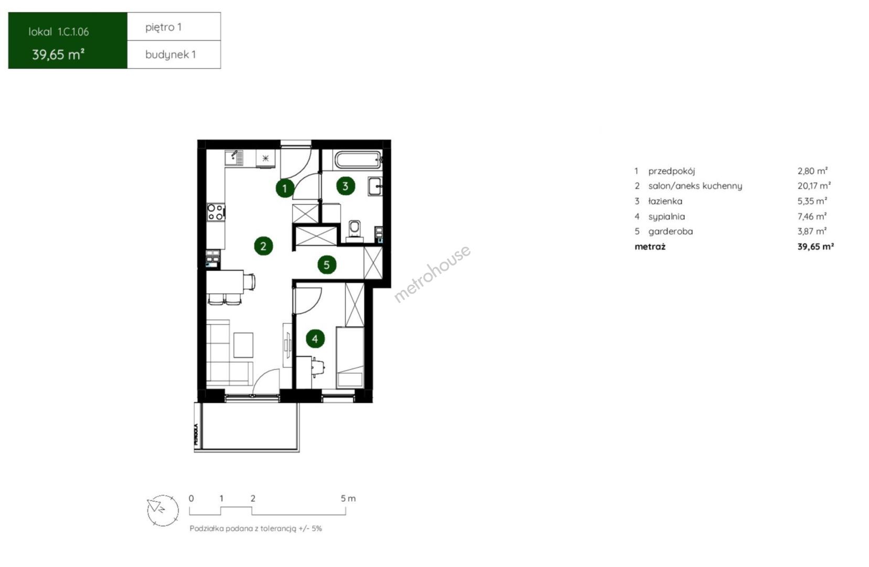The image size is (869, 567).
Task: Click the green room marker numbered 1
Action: (285, 188)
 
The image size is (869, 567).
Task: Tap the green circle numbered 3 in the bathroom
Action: (345, 186)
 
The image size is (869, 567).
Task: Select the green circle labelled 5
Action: (326, 265)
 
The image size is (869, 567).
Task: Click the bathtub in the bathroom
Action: (358, 160)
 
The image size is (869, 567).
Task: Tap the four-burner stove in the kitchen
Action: (216, 212)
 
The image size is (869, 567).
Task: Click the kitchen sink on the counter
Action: (235, 157)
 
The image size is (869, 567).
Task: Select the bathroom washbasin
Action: (376, 186)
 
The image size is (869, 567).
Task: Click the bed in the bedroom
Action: (350, 358)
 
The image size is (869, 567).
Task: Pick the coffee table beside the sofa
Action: (243, 345)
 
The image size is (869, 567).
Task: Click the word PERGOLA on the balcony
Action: (196, 434)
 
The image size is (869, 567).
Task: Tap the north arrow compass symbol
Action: (163, 511)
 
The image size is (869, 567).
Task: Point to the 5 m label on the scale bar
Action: (348, 498)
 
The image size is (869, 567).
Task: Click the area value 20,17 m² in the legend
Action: (814, 186)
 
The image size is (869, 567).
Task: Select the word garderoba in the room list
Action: (670, 232)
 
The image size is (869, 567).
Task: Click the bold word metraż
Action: (650, 246)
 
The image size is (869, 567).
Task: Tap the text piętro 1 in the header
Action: (163, 27)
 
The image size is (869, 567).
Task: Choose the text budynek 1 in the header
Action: (171, 55)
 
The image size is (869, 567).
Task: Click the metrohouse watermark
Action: (432, 274)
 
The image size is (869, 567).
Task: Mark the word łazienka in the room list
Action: (665, 201)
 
